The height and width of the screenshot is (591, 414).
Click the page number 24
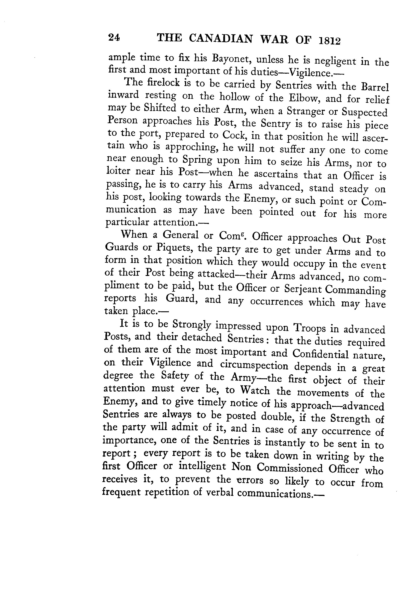[x=114, y=38]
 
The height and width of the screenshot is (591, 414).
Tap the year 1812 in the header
[x=329, y=41]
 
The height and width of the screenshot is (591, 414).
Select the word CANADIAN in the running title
[x=221, y=39]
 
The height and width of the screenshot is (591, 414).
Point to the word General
[x=180, y=235]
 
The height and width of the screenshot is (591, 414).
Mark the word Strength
[x=350, y=419]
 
